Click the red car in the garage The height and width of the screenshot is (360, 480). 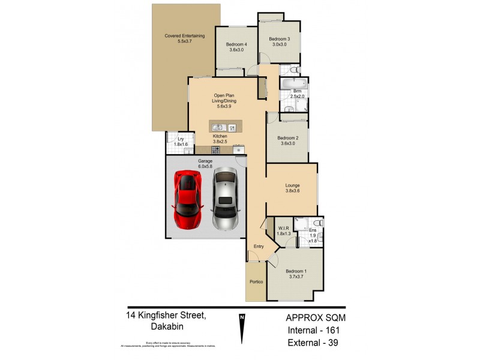tap(187, 200)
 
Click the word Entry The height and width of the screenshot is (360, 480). tap(259, 247)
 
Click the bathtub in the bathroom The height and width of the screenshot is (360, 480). tap(293, 83)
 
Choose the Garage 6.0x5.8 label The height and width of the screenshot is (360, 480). tap(206, 163)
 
